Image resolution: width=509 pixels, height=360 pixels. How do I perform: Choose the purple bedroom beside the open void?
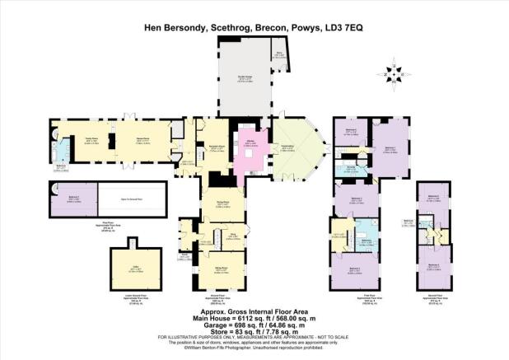tap(73, 200)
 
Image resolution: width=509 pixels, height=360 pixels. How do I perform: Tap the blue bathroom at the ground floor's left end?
tap(62, 155)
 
